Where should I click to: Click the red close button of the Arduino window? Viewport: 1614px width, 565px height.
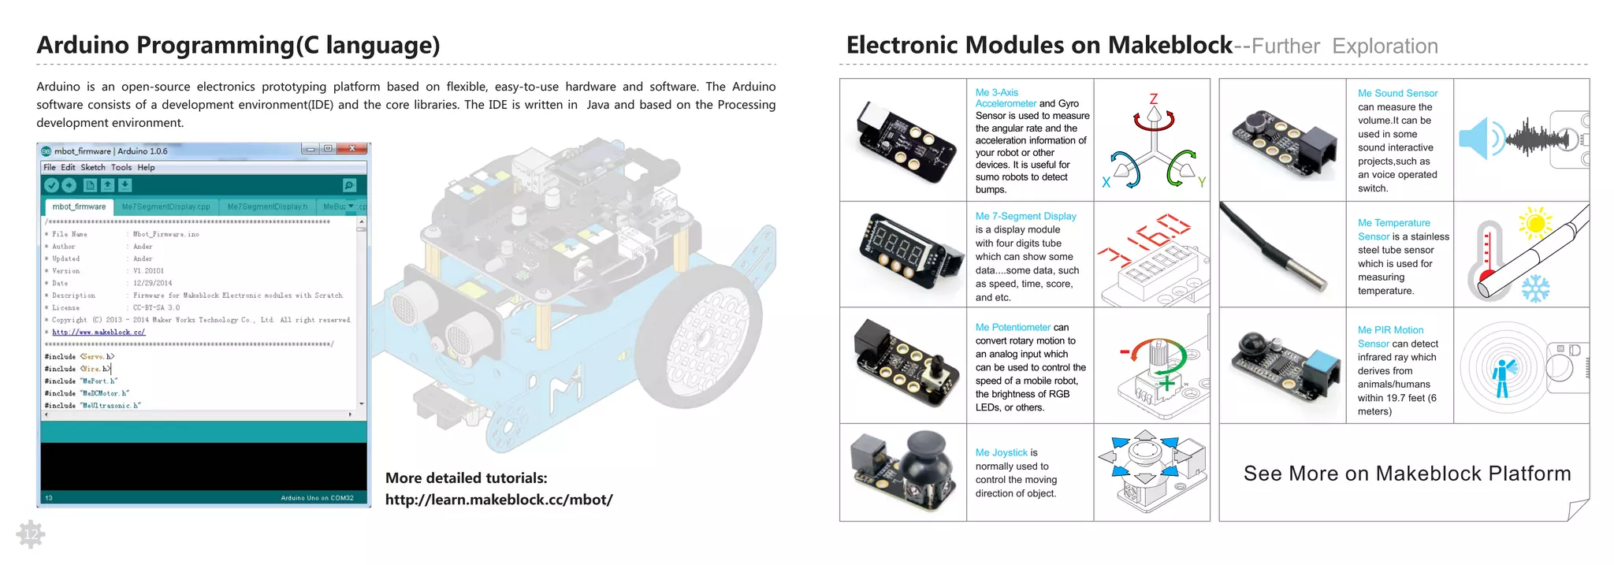click(x=353, y=149)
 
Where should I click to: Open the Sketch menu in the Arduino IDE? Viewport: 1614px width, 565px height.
click(x=93, y=168)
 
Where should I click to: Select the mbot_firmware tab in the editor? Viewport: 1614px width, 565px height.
click(x=79, y=207)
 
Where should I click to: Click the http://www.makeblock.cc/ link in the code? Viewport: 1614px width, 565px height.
click(x=99, y=333)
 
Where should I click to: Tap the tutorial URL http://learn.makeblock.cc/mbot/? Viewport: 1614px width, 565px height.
click(x=498, y=500)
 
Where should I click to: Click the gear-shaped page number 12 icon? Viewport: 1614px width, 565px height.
click(x=31, y=535)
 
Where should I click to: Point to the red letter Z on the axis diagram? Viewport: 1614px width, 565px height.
click(x=1154, y=99)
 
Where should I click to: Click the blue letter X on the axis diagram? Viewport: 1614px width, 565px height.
click(x=1106, y=183)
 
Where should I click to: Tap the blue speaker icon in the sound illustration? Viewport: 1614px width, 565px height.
click(x=1473, y=139)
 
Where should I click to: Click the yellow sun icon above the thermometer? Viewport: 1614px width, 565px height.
click(x=1535, y=224)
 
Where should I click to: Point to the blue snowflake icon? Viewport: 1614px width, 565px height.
click(x=1535, y=288)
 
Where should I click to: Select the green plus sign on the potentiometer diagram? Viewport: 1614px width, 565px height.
click(x=1166, y=384)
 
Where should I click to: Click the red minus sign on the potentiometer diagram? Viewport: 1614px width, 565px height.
click(x=1125, y=352)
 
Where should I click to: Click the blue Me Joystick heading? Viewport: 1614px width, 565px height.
click(x=1001, y=452)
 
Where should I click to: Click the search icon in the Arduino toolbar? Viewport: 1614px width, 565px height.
click(x=349, y=185)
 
